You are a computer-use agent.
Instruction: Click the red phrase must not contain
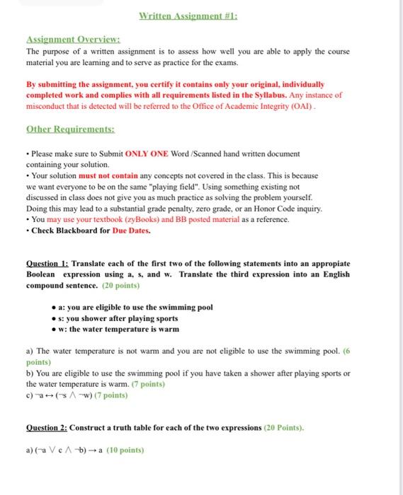108,175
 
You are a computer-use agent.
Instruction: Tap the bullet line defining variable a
135,307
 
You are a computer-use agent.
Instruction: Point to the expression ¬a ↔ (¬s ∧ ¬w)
56,395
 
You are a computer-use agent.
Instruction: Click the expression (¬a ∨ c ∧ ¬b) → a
63,450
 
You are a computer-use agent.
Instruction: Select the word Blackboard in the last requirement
75,231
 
